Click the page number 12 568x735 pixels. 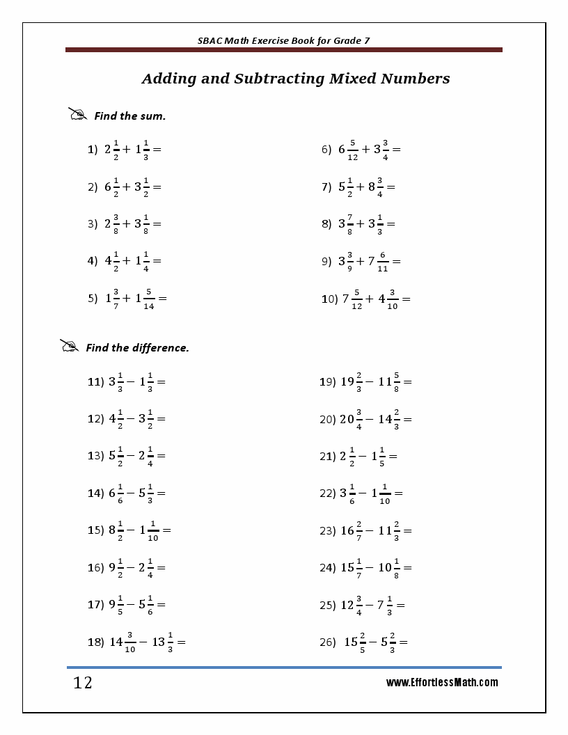point(83,683)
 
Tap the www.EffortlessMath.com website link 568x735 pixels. point(442,683)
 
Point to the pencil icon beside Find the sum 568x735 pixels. point(77,114)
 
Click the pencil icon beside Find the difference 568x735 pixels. point(69,346)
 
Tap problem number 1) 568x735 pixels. point(93,150)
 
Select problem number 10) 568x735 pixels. point(329,299)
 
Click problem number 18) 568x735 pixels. point(95,642)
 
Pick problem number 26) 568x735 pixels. point(328,642)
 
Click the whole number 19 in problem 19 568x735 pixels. point(347,382)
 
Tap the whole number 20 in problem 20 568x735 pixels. point(347,419)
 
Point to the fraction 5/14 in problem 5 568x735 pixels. point(149,299)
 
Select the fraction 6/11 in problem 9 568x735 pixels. point(383,262)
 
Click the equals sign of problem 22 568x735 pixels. point(398,493)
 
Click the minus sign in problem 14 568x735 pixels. point(130,493)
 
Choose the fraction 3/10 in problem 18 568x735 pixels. point(130,642)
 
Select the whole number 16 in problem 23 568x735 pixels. point(347,531)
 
